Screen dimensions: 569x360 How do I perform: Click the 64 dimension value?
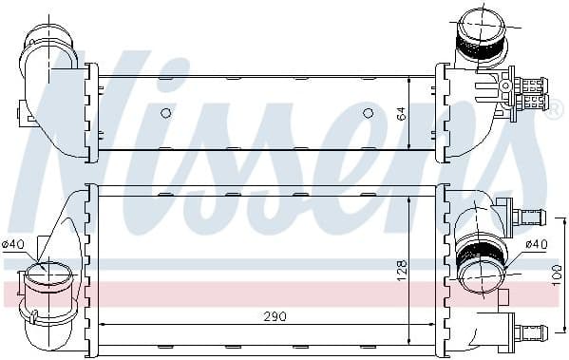(402, 113)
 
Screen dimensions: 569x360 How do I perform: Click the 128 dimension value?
(402, 270)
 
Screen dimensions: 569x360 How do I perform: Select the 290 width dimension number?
(275, 316)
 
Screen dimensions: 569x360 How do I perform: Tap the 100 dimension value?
(557, 275)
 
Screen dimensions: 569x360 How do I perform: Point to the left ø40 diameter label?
(13, 244)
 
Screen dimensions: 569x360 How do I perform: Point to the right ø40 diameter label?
(537, 244)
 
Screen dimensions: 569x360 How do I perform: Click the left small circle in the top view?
(165, 113)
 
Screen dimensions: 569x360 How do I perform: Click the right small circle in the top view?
(368, 113)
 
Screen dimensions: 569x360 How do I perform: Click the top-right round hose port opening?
(482, 22)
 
